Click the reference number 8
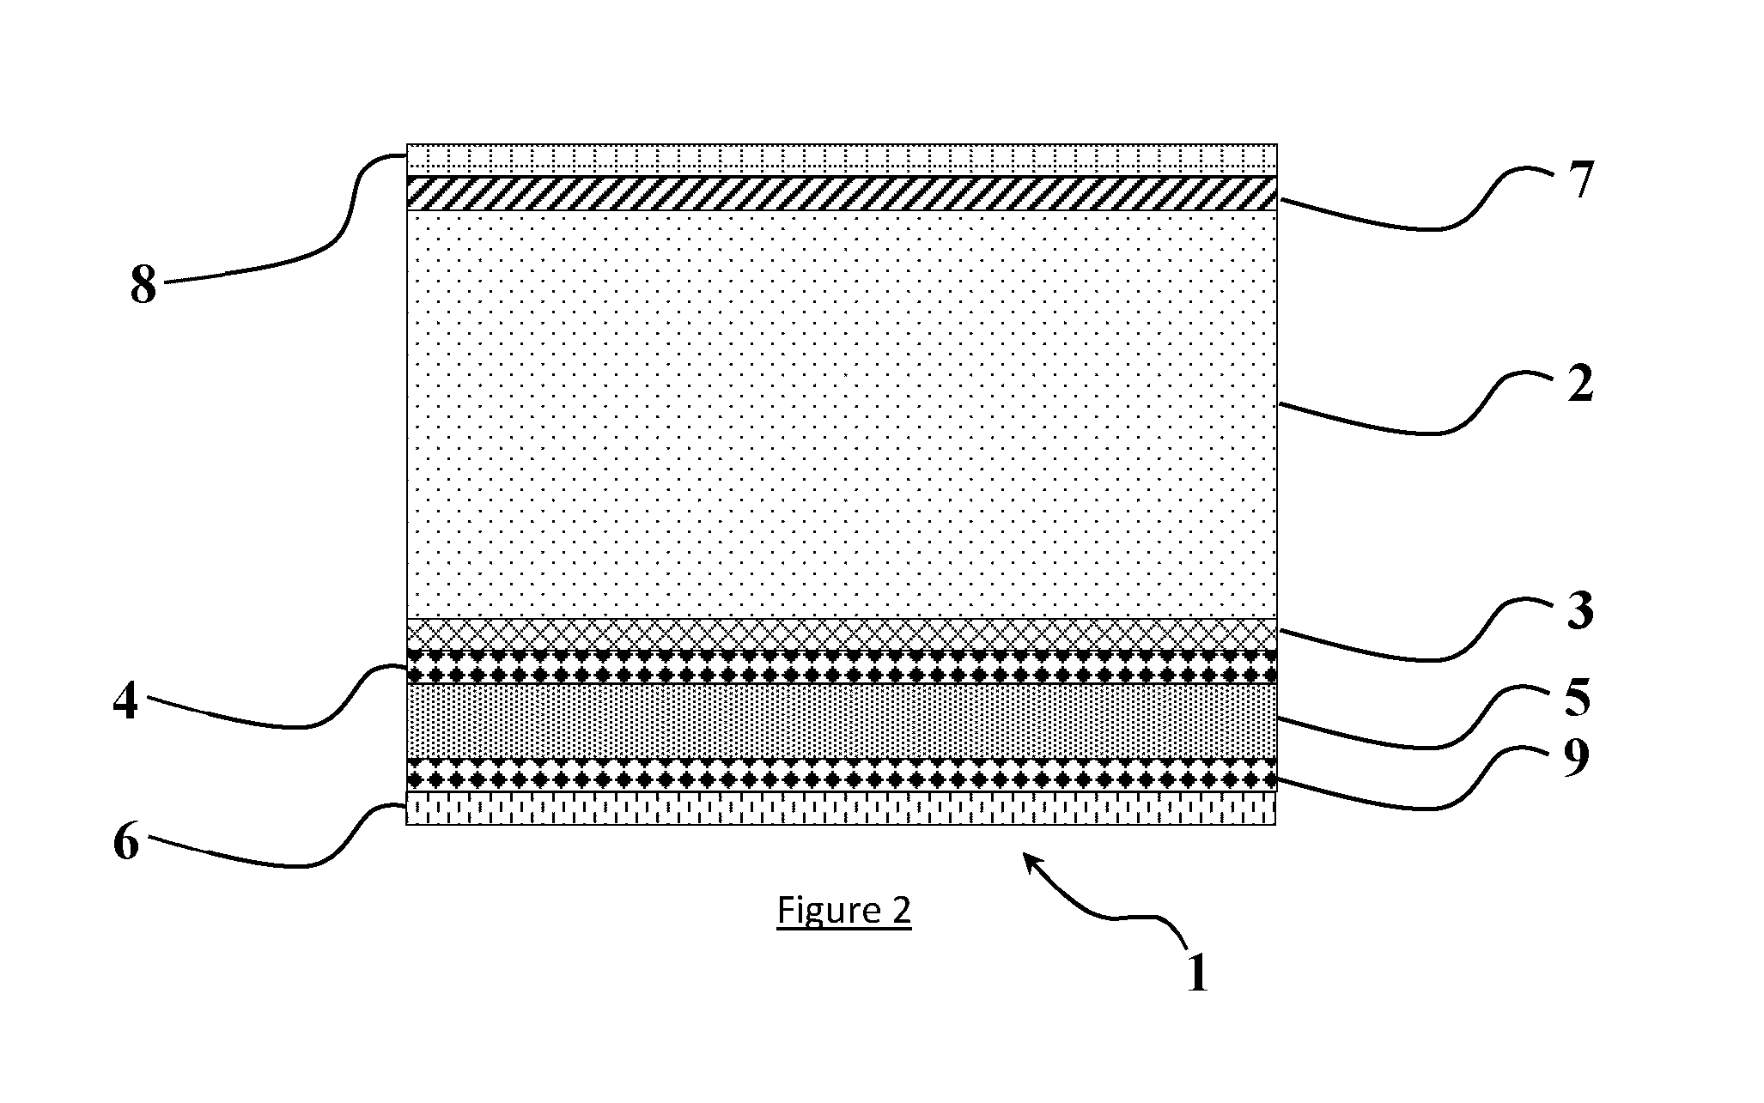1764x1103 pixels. (x=143, y=286)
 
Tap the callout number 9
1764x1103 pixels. (x=1575, y=759)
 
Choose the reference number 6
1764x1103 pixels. (x=126, y=844)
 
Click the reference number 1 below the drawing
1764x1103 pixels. (x=1197, y=974)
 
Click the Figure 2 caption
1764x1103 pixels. (x=844, y=912)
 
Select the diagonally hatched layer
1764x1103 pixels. (x=842, y=193)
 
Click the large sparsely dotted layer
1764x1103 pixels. (x=842, y=415)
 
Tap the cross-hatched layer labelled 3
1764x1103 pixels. (x=842, y=634)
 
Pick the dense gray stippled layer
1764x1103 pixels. (x=842, y=721)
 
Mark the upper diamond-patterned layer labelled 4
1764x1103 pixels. (x=842, y=666)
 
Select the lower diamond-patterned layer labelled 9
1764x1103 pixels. (x=842, y=774)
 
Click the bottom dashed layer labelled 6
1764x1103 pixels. (x=842, y=808)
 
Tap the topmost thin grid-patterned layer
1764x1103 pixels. (x=842, y=160)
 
